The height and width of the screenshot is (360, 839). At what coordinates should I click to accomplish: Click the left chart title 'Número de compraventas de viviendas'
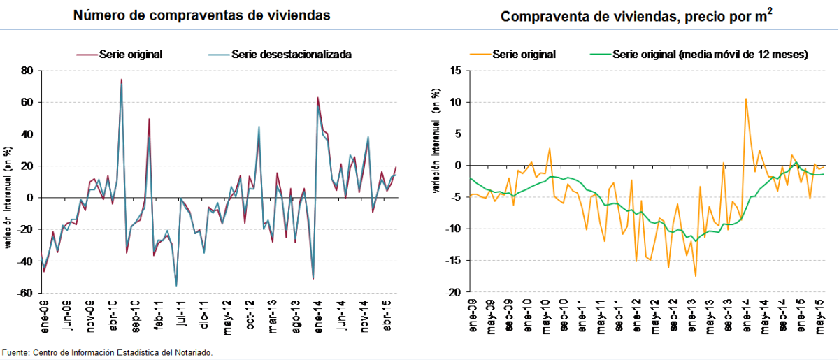202,15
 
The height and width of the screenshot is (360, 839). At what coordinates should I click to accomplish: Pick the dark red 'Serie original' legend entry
120,54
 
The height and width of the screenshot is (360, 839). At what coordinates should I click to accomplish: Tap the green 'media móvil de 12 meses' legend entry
698,54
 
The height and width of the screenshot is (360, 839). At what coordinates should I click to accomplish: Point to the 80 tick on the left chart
27,71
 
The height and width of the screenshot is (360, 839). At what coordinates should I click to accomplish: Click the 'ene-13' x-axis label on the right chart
693,316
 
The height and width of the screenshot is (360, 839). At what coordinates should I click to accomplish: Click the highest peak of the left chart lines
121,80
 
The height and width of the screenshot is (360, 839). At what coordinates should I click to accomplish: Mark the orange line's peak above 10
746,99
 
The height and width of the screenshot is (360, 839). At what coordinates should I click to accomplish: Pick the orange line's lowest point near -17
696,276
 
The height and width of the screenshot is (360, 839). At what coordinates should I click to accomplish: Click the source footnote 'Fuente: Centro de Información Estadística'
108,353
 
